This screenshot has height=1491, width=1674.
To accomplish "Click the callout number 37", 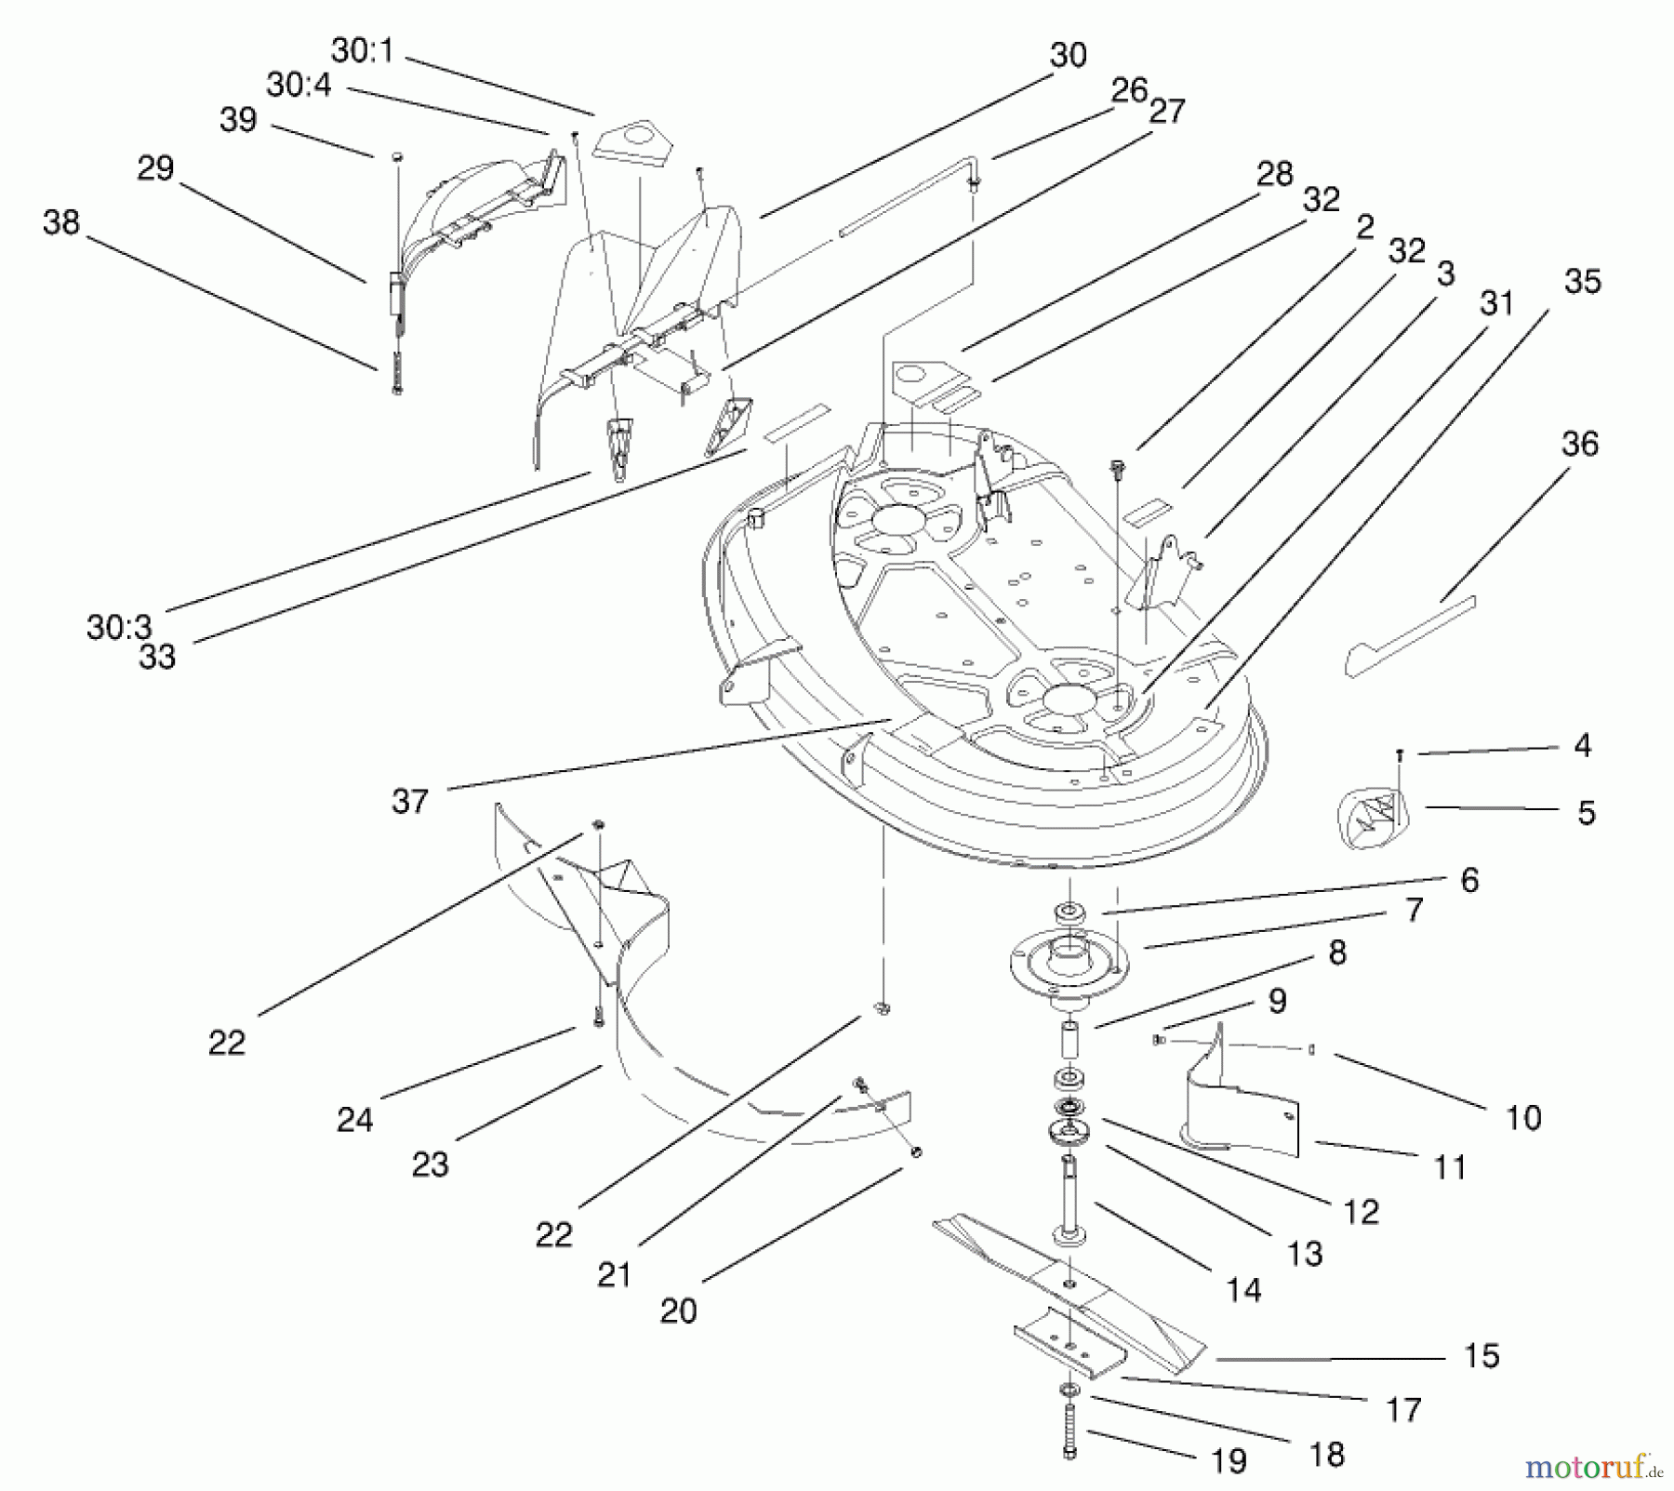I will pos(409,801).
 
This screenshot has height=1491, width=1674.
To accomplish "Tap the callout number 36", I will pos(1579,444).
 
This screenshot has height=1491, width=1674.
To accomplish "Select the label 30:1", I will pos(362,51).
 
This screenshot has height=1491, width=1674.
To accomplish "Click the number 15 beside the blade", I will pos(1481,1355).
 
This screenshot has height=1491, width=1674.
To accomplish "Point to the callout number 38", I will pos(61,222).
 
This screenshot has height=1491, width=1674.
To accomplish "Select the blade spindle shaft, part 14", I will pos(1069,1200).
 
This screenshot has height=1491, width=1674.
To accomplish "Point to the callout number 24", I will pos(354,1119).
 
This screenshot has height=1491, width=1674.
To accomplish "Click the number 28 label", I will pos(1274,173).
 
